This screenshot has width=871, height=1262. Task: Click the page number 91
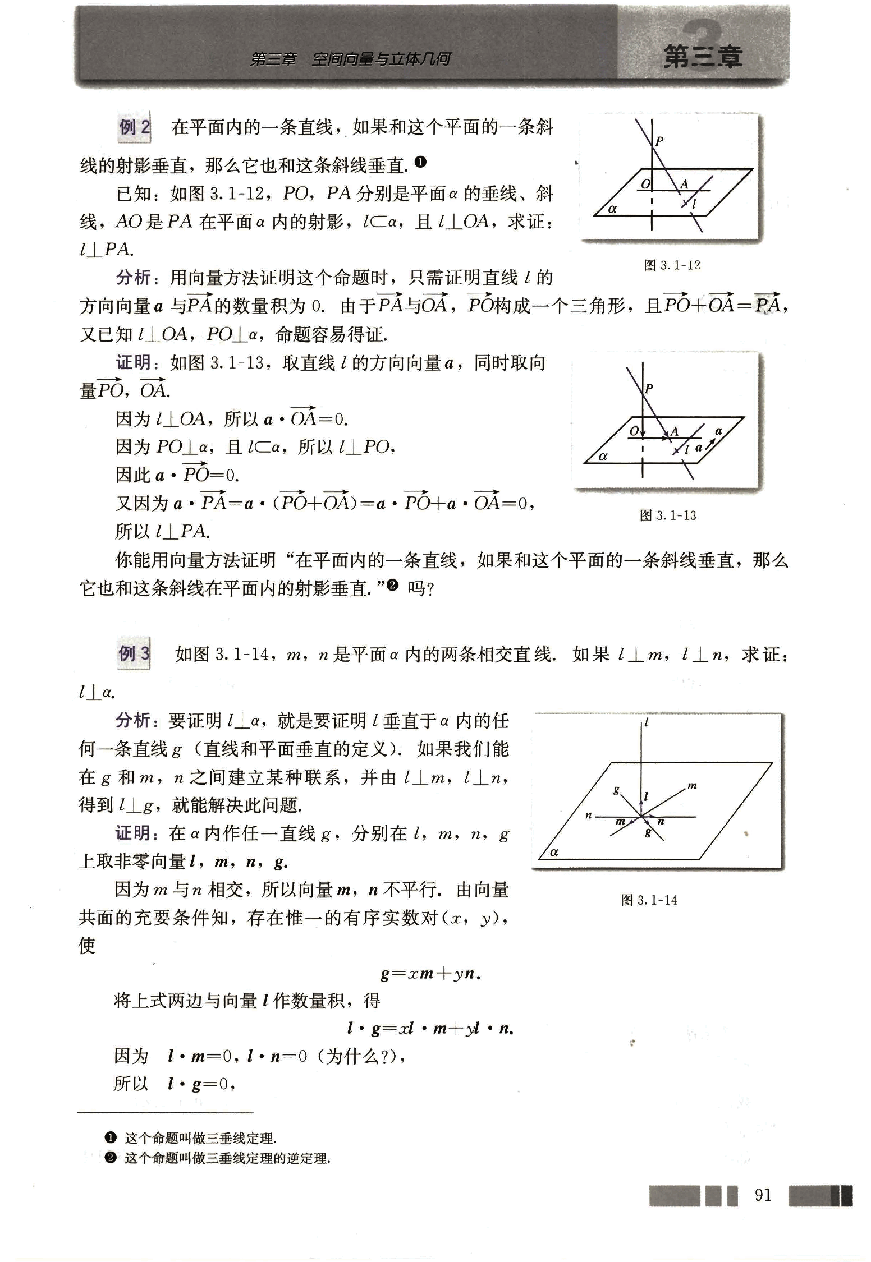click(x=763, y=1195)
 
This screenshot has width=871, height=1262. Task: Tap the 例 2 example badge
click(x=134, y=127)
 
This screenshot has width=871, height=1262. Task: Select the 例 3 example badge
click(x=134, y=653)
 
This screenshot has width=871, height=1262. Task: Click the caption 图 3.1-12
click(x=672, y=265)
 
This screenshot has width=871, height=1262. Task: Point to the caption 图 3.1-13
click(x=668, y=515)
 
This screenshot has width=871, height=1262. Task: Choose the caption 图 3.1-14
click(x=649, y=900)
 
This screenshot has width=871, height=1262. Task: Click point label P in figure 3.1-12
click(x=659, y=141)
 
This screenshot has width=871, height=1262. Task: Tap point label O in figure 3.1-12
click(x=645, y=184)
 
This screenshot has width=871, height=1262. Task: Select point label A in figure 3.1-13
click(x=675, y=431)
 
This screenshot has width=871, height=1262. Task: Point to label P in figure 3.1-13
click(x=649, y=388)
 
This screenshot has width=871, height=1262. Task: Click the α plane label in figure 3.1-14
click(x=554, y=852)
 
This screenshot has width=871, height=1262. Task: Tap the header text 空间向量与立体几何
click(x=381, y=59)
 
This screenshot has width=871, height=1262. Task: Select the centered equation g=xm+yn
click(x=430, y=974)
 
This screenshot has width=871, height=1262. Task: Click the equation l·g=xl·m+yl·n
click(x=430, y=1029)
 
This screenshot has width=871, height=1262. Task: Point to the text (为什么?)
click(x=358, y=1057)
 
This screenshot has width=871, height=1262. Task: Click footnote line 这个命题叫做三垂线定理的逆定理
click(x=227, y=1158)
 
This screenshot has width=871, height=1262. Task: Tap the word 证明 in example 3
click(x=133, y=833)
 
